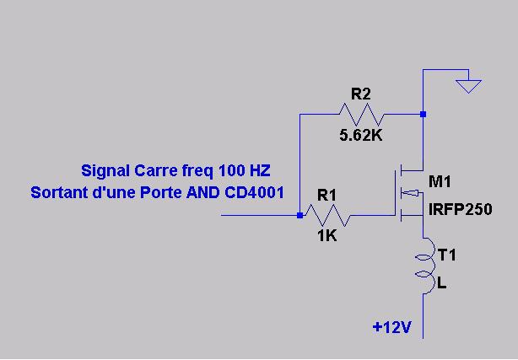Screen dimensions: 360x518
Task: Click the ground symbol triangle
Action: (x=468, y=86)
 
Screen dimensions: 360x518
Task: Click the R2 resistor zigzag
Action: (x=361, y=113)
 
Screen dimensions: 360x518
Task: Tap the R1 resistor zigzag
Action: (x=327, y=216)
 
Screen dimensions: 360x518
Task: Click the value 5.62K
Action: (x=361, y=135)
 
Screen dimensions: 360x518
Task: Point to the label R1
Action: (x=326, y=195)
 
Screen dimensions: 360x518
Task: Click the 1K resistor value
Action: (x=326, y=236)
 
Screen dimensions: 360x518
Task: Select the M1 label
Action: (x=441, y=182)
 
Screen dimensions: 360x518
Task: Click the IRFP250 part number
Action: (x=460, y=209)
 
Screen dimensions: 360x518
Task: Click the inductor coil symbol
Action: (x=425, y=268)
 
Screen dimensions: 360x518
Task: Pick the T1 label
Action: (x=447, y=253)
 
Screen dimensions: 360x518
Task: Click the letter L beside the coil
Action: (x=442, y=285)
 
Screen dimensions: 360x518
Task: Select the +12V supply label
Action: (x=391, y=327)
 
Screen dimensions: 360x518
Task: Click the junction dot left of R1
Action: (x=299, y=216)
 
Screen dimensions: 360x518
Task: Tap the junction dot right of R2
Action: (x=423, y=113)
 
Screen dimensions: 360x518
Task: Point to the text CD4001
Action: (x=253, y=192)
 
